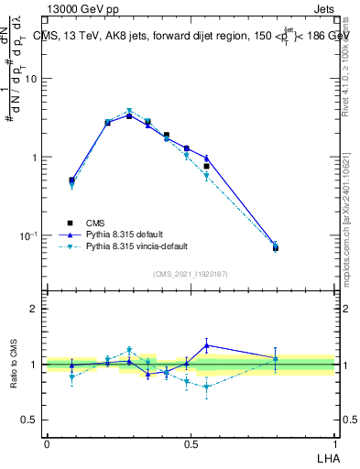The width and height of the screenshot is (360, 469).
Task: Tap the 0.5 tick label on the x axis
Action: point(191,443)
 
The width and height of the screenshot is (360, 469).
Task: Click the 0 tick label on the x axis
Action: point(47,443)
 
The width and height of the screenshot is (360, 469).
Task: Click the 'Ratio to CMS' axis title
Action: point(14,364)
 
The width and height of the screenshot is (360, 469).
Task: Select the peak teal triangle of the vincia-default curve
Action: point(129,111)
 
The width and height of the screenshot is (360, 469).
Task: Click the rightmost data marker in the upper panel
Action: point(276,247)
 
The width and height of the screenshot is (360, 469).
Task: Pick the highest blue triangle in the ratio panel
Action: point(207,345)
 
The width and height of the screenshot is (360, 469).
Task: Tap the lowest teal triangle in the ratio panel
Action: point(207,387)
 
